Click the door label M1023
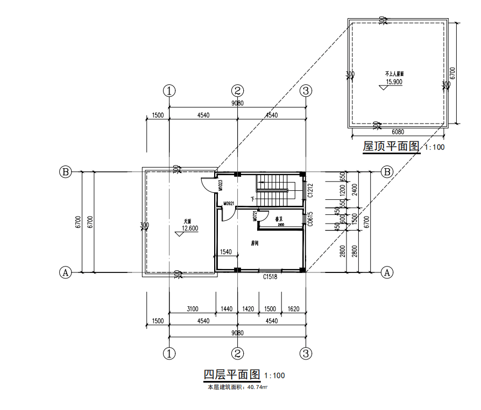pyautogui.click(x=221, y=185)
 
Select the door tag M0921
pyautogui.click(x=228, y=204)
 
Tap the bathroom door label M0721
pyautogui.click(x=254, y=216)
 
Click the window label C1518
pyautogui.click(x=270, y=277)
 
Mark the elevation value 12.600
pyautogui.click(x=190, y=228)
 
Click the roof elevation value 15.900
pyautogui.click(x=394, y=82)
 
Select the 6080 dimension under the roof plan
pyautogui.click(x=398, y=131)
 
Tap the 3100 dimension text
pyautogui.click(x=192, y=309)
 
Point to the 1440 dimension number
pyautogui.click(x=226, y=309)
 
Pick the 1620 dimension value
pyautogui.click(x=293, y=309)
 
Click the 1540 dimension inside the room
pyautogui.click(x=226, y=251)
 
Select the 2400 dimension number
pyautogui.click(x=355, y=190)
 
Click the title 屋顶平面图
pyautogui.click(x=391, y=146)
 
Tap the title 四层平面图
pyautogui.click(x=232, y=374)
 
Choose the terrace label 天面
pyautogui.click(x=187, y=220)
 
